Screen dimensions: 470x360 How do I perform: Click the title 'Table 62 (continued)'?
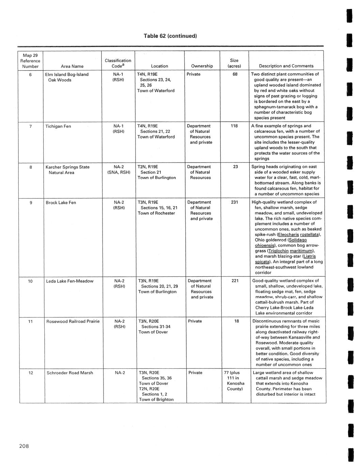[170, 36]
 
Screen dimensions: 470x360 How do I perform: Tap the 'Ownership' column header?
[202, 66]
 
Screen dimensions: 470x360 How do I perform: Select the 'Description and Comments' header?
[286, 66]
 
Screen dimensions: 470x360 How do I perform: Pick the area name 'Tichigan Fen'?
[58, 126]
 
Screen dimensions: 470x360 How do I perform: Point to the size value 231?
[234, 202]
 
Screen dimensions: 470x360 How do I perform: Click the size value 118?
[234, 126]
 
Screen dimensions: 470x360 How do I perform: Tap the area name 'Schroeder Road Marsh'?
[70, 373]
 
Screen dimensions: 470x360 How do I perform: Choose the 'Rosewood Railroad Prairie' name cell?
[73, 321]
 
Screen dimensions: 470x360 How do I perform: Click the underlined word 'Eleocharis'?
[289, 235]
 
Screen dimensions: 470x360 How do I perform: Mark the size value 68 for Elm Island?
[235, 74]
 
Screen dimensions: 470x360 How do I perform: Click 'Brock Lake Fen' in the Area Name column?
[61, 203]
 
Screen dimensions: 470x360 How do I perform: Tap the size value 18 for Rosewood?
[237, 321]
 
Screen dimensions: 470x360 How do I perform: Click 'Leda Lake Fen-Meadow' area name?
[69, 281]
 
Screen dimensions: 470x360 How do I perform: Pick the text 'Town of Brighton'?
[156, 400]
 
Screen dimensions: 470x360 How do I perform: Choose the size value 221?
[235, 281]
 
